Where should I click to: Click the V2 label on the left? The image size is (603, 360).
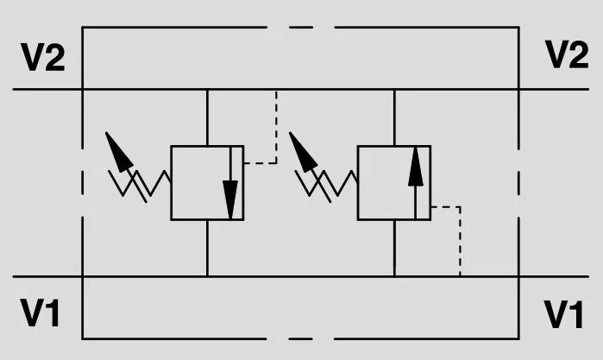tap(43, 57)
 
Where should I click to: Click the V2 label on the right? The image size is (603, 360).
tap(567, 54)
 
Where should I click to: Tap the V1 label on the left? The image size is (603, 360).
tap(40, 313)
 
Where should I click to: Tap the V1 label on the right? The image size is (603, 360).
tap(564, 314)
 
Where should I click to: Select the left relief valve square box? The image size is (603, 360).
tap(170, 183)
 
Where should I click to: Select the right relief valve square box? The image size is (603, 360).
tap(357, 183)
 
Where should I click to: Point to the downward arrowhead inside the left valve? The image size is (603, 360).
tap(230, 199)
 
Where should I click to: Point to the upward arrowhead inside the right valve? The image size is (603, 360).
tap(415, 167)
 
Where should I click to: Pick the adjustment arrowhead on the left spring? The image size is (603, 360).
tap(117, 152)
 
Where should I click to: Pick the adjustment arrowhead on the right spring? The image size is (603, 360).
tap(302, 152)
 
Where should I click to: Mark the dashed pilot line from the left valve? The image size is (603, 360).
tap(276, 127)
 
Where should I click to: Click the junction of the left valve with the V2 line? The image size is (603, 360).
tap(207, 89)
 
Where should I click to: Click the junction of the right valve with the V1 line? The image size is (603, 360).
tap(394, 276)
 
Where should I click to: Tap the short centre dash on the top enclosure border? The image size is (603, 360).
tap(301, 28)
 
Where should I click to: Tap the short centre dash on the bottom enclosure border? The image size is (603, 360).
tap(301, 338)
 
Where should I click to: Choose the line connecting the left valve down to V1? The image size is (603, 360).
tap(207, 249)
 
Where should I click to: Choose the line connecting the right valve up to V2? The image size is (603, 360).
tap(394, 117)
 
